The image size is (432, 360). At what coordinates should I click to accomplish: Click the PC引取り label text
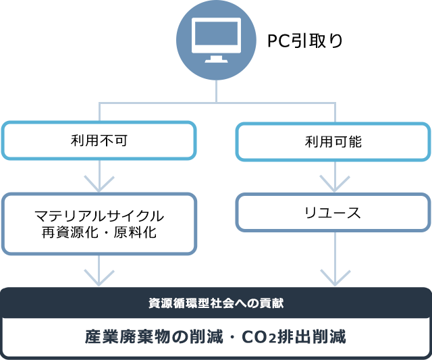305,41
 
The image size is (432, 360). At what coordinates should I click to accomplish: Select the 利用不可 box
99,140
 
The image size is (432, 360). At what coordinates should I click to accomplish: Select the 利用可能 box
333,141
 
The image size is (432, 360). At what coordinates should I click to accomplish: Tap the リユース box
333,213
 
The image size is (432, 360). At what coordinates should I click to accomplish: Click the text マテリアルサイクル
99,216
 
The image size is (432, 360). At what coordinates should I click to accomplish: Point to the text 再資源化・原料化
99,233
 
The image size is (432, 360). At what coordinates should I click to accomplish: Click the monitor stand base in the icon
216,59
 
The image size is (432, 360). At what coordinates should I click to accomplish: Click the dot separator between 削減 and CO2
234,336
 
